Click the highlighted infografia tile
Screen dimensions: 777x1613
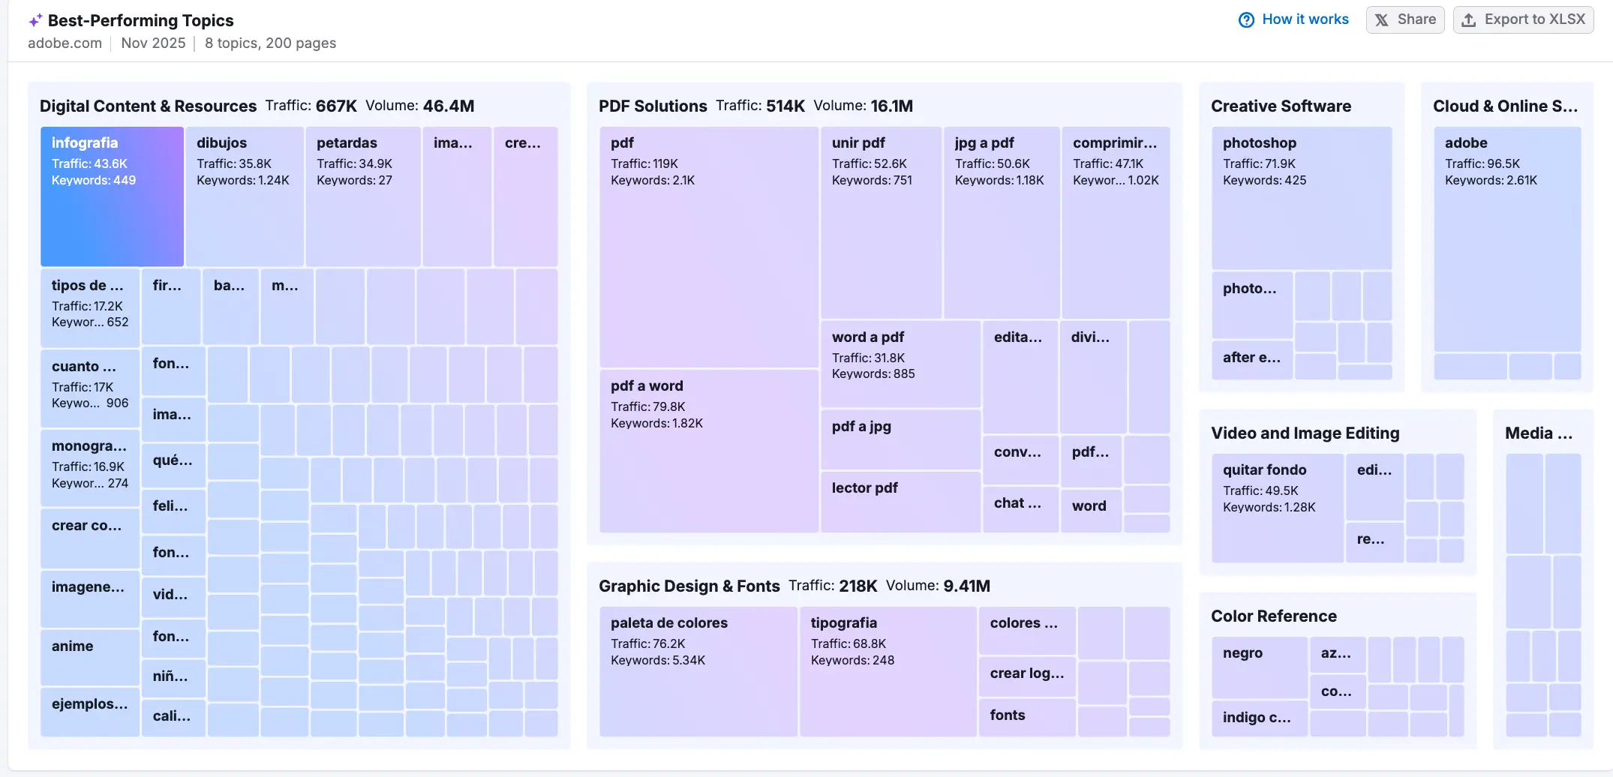coord(112,196)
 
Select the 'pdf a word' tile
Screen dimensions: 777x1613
coord(708,450)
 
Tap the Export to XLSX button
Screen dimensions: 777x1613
coord(1523,19)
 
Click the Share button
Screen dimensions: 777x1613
coord(1404,19)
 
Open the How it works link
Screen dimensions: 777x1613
coord(1293,19)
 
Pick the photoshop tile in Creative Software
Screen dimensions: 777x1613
coord(1301,198)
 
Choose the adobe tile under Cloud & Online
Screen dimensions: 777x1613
coord(1506,238)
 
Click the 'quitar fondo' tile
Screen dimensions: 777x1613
coord(1277,508)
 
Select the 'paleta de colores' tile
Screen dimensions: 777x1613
coord(698,671)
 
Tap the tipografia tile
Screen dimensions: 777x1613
coord(887,671)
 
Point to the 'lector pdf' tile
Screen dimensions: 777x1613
coord(900,501)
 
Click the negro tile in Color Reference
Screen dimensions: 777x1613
coord(1259,667)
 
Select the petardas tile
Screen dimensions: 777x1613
coord(362,196)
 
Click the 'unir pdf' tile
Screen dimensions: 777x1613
coord(880,222)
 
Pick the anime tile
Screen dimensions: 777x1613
coord(89,656)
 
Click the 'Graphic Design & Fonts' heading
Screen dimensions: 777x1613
coord(689,586)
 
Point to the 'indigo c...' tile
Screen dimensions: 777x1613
coord(1259,718)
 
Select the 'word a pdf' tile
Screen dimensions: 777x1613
coord(900,364)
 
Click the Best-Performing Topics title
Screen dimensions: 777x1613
coord(140,20)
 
